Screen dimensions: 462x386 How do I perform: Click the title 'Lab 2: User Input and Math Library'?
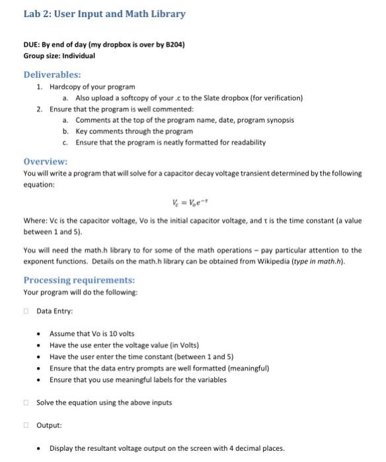click(x=104, y=14)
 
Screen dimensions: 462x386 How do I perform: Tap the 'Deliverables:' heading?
click(x=52, y=75)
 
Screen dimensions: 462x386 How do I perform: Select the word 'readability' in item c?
click(x=245, y=143)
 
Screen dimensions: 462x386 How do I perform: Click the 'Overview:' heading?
click(x=45, y=162)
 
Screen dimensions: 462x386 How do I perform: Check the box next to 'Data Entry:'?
click(x=27, y=311)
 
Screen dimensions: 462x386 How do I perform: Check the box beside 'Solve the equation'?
click(x=27, y=403)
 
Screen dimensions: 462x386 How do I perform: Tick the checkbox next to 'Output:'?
click(x=27, y=426)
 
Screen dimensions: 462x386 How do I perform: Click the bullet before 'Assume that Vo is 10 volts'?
click(x=40, y=334)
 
